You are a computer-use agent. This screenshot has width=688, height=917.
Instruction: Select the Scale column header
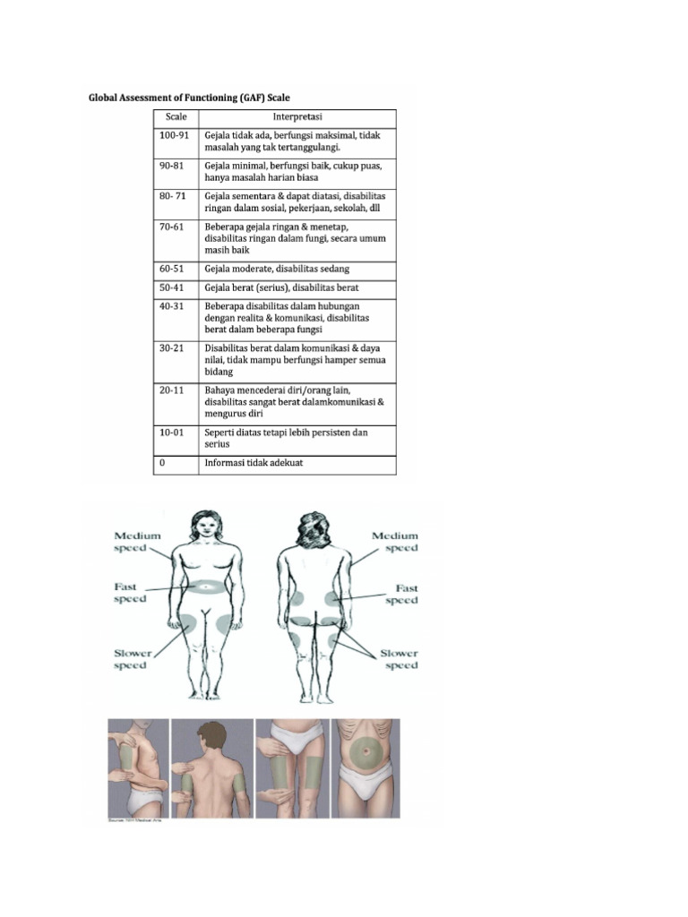(176, 116)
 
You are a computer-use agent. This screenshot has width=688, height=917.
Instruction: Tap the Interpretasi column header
(297, 116)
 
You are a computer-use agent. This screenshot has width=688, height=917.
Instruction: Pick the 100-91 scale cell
(175, 135)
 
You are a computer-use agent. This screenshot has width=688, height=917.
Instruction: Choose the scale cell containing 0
(162, 464)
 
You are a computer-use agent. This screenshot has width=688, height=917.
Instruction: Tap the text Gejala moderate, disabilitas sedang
(277, 269)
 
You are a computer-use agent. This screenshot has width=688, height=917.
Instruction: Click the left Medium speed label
(137, 542)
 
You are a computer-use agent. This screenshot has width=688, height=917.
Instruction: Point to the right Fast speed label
(401, 595)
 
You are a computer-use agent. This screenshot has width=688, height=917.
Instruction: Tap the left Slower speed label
(133, 659)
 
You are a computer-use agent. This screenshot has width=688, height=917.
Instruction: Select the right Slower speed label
(399, 659)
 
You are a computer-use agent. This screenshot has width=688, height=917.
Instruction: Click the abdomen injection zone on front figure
(207, 587)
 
